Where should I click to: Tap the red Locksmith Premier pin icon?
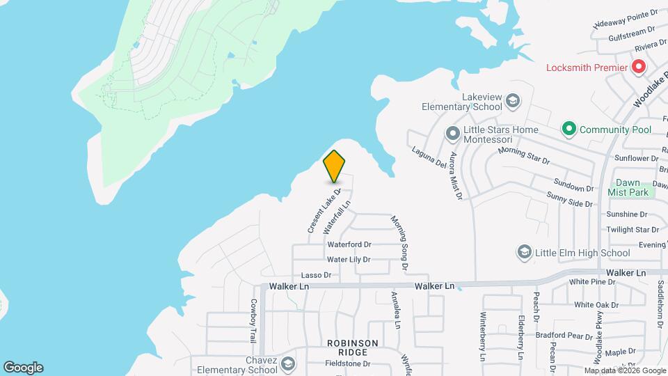click(638, 68)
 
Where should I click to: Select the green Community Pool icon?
click(568, 129)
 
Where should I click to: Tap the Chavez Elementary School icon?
click(289, 364)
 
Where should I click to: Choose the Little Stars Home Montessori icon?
click(452, 132)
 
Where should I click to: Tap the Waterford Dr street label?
click(349, 244)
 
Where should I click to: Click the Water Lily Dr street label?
click(349, 260)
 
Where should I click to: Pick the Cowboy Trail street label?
click(253, 320)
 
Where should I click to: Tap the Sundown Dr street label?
click(573, 185)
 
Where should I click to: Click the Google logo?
click(23, 368)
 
